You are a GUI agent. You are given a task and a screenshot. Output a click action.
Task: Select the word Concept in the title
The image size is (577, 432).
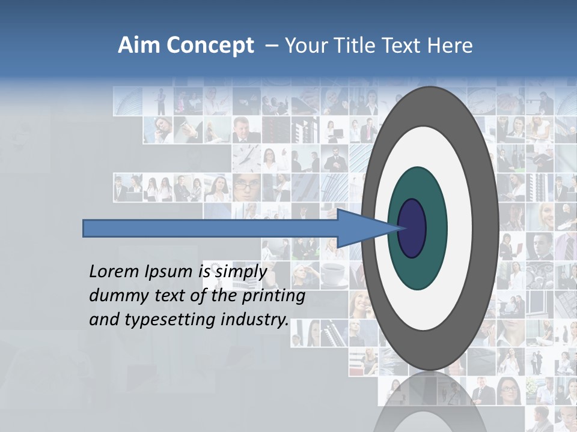(210, 46)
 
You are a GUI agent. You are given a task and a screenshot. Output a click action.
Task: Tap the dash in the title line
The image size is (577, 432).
(272, 46)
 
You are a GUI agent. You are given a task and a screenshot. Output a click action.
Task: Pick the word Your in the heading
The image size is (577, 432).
(305, 46)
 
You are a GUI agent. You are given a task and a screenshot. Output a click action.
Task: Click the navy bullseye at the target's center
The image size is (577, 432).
(412, 228)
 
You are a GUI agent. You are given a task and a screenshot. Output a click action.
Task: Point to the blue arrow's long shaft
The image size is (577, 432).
(210, 228)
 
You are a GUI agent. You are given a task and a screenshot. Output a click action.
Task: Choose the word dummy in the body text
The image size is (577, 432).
(117, 296)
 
